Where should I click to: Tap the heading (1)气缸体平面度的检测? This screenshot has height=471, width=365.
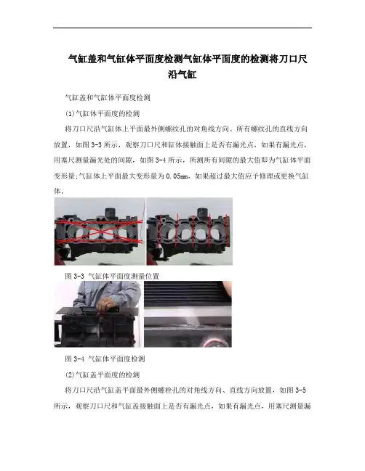pos(103,113)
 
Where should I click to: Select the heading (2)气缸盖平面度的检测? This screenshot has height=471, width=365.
pos(103,374)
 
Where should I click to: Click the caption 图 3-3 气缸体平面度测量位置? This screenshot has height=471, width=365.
pos(112,276)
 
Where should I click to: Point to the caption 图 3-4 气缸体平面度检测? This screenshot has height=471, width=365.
pos(105,359)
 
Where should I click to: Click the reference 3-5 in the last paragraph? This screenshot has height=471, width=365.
pos(301,390)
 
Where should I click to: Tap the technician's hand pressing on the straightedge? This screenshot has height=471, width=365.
pos(106,304)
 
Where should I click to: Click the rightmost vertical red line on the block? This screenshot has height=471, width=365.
pos(226,229)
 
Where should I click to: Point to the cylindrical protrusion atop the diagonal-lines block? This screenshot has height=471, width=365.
pos(111,213)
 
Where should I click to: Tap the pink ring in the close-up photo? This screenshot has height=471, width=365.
pos(222,343)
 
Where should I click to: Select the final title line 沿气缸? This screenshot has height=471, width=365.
pos(182,75)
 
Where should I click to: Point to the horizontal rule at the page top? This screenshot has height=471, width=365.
pos(182,28)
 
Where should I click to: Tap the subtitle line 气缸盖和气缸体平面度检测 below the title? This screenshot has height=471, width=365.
pos(108,98)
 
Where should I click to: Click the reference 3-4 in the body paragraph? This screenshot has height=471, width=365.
pos(161,160)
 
